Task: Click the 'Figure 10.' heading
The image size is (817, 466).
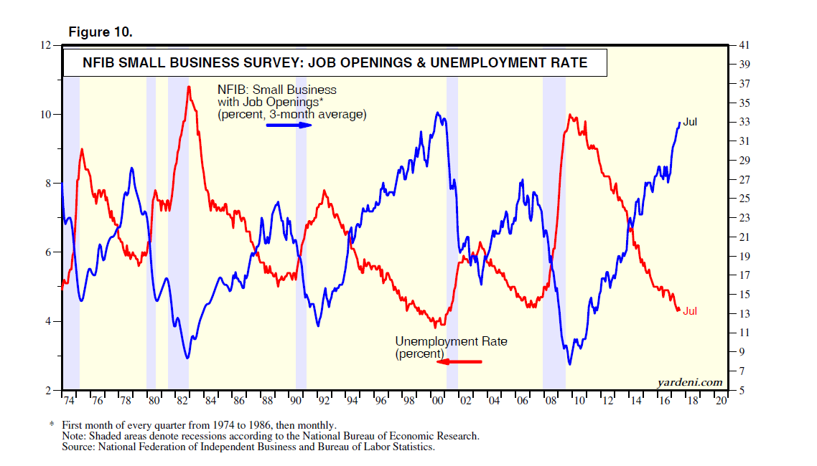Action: click(x=101, y=32)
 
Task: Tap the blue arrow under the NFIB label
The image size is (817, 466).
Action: click(x=289, y=125)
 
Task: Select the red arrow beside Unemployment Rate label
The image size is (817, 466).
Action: click(x=459, y=361)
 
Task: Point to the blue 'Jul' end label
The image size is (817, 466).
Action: click(x=690, y=122)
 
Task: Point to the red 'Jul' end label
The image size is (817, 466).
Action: click(x=690, y=311)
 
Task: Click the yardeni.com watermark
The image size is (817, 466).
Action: click(x=690, y=382)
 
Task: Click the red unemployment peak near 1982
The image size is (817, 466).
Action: click(x=188, y=87)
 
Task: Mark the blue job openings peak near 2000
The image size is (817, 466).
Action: click(x=437, y=113)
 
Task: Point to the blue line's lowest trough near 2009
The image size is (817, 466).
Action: click(x=570, y=364)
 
